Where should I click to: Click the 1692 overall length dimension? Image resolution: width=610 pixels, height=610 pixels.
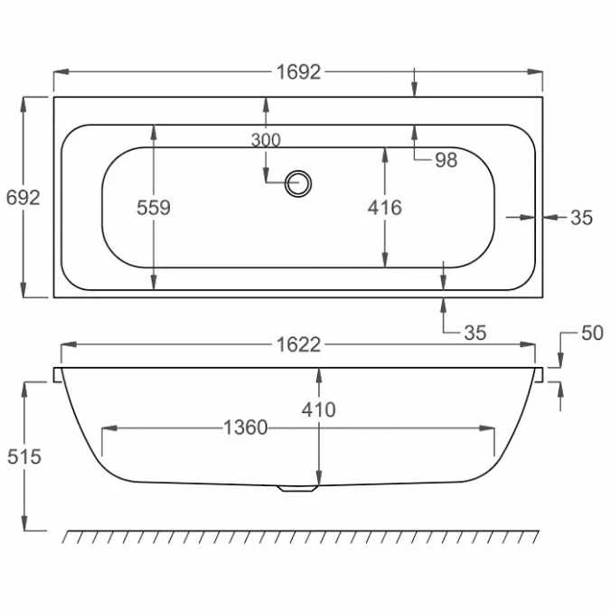tap(298, 72)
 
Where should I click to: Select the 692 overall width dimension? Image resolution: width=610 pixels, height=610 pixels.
tap(23, 197)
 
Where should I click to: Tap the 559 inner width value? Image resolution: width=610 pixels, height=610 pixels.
tap(154, 207)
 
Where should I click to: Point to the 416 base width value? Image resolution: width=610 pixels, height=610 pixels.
tap(385, 207)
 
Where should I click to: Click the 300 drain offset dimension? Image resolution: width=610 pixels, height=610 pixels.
tap(266, 139)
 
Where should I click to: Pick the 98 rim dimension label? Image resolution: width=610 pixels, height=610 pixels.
tap(446, 160)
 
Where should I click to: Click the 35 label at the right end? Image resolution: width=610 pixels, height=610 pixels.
tap(581, 217)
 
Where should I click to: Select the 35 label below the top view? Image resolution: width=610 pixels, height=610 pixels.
tap(474, 333)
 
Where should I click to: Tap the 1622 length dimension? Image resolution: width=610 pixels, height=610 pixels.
tap(298, 344)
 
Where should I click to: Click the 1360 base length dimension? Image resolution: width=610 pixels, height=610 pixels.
tap(246, 427)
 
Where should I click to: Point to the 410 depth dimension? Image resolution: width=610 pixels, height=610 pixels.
tap(318, 409)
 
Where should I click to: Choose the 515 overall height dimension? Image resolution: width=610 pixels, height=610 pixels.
tap(23, 456)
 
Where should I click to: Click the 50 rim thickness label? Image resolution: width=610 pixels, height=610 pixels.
tap(591, 333)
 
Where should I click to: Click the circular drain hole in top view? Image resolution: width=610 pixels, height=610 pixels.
tap(298, 183)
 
